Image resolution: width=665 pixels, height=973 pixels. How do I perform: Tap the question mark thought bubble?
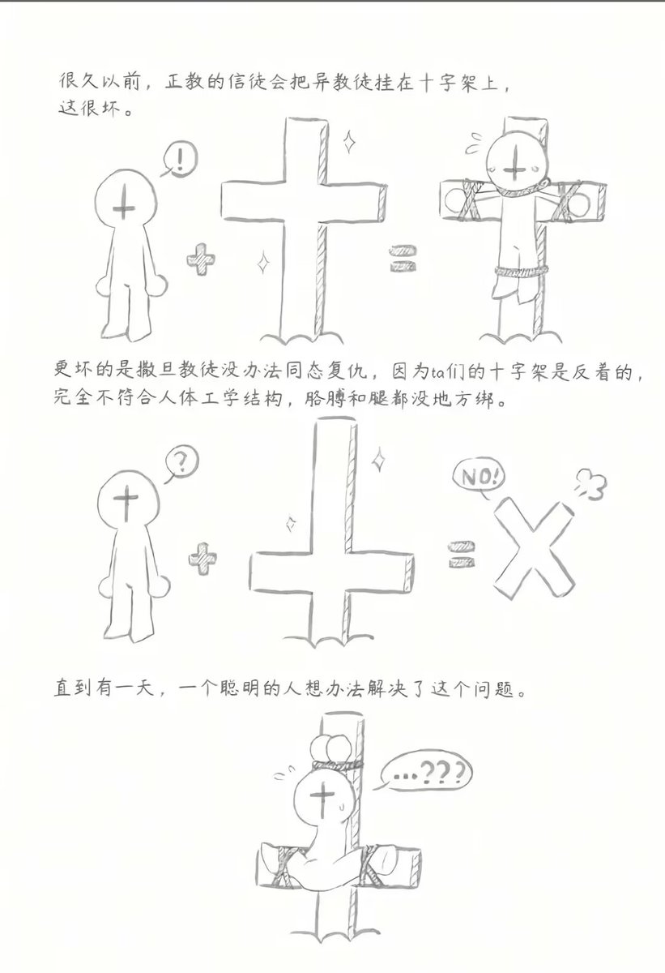pyautogui.click(x=182, y=463)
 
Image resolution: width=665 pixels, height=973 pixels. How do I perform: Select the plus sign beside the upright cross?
pyautogui.click(x=201, y=261)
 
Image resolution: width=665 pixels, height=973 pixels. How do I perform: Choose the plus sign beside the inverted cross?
pyautogui.click(x=203, y=559)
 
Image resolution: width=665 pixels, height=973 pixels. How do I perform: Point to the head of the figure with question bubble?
pyautogui.click(x=126, y=505)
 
